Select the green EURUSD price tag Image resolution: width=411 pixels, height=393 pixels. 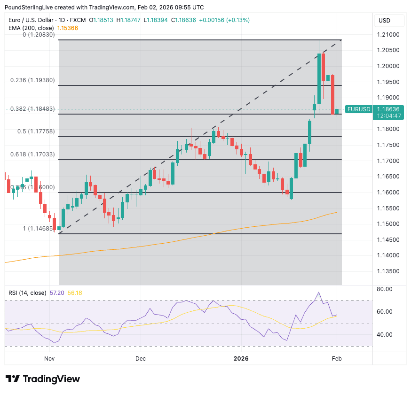pos(359,109)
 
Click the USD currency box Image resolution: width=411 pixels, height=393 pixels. pos(385,21)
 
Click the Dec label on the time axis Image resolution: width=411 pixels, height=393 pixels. pos(140,359)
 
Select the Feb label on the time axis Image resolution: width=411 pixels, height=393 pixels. pos(337,359)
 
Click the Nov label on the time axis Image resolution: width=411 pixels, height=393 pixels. pos(49,359)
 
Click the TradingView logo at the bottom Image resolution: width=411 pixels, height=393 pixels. pos(43,379)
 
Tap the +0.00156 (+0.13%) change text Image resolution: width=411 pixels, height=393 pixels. pos(224,20)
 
